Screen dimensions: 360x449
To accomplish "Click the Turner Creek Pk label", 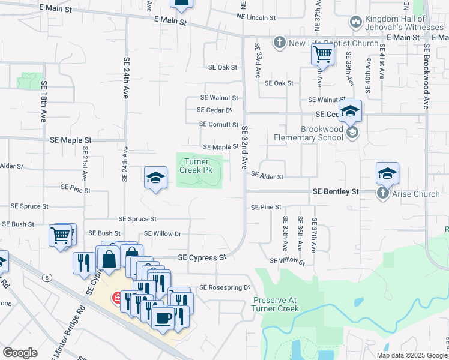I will pyautogui.click(x=198, y=166).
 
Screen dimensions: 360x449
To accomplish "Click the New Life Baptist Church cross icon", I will pyautogui.click(x=279, y=43).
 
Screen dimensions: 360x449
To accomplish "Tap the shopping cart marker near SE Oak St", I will pyautogui.click(x=323, y=55).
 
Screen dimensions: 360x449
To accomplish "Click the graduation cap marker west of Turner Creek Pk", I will pyautogui.click(x=155, y=177).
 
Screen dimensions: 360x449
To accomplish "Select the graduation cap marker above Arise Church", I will pyautogui.click(x=387, y=173).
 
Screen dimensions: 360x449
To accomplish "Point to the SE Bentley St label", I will pyautogui.click(x=336, y=191).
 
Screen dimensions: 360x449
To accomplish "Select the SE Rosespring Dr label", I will pyautogui.click(x=224, y=287).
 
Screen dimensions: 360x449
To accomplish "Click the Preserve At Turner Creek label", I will pyautogui.click(x=276, y=304).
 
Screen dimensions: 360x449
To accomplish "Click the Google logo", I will pyautogui.click(x=20, y=352).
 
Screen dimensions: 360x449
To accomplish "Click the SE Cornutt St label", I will pyautogui.click(x=219, y=124).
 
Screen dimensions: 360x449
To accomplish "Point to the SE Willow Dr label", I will pyautogui.click(x=163, y=233).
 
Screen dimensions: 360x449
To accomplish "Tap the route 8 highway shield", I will pyautogui.click(x=47, y=277).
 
